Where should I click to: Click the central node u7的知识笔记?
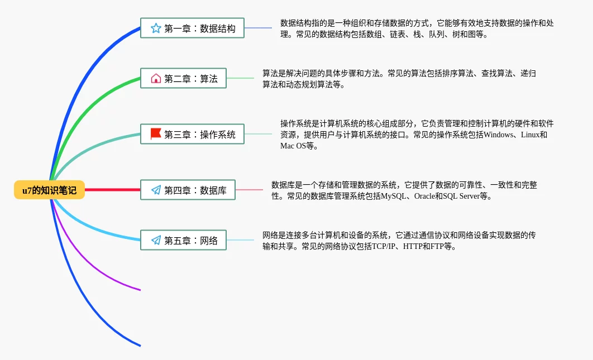click(49, 190)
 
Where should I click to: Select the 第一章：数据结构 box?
click(192, 28)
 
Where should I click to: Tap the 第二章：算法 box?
click(183, 79)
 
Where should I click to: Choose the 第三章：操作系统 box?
click(192, 134)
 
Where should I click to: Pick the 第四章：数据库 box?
click(188, 190)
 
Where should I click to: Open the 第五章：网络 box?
click(183, 241)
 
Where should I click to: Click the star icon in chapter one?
click(156, 28)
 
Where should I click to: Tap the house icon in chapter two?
click(156, 79)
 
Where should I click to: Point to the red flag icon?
click(156, 134)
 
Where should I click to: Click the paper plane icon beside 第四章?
click(156, 190)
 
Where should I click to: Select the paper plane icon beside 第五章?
click(156, 241)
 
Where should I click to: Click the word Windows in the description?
click(500, 135)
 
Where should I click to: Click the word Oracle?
click(424, 196)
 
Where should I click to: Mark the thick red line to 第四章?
click(112, 190)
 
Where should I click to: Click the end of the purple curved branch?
click(139, 289)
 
